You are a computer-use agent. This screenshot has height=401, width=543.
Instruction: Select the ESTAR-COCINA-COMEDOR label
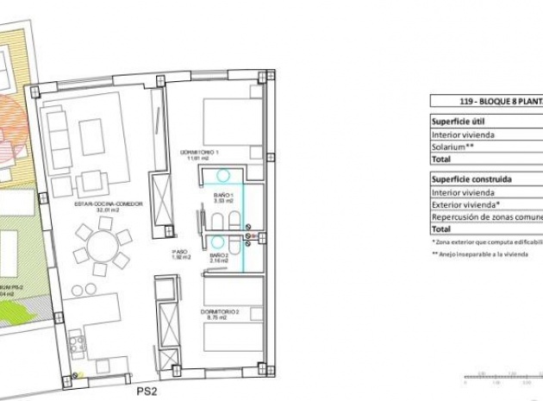pos(96,204)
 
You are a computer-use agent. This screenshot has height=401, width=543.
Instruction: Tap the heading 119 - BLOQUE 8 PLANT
pos(487,99)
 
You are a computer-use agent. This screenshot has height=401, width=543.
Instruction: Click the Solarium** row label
pos(454,147)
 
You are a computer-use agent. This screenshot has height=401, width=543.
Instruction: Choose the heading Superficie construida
pos(471,179)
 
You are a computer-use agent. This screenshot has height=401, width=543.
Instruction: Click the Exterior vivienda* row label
pos(466,205)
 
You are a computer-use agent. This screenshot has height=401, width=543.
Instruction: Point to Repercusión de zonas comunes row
pos(487,217)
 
